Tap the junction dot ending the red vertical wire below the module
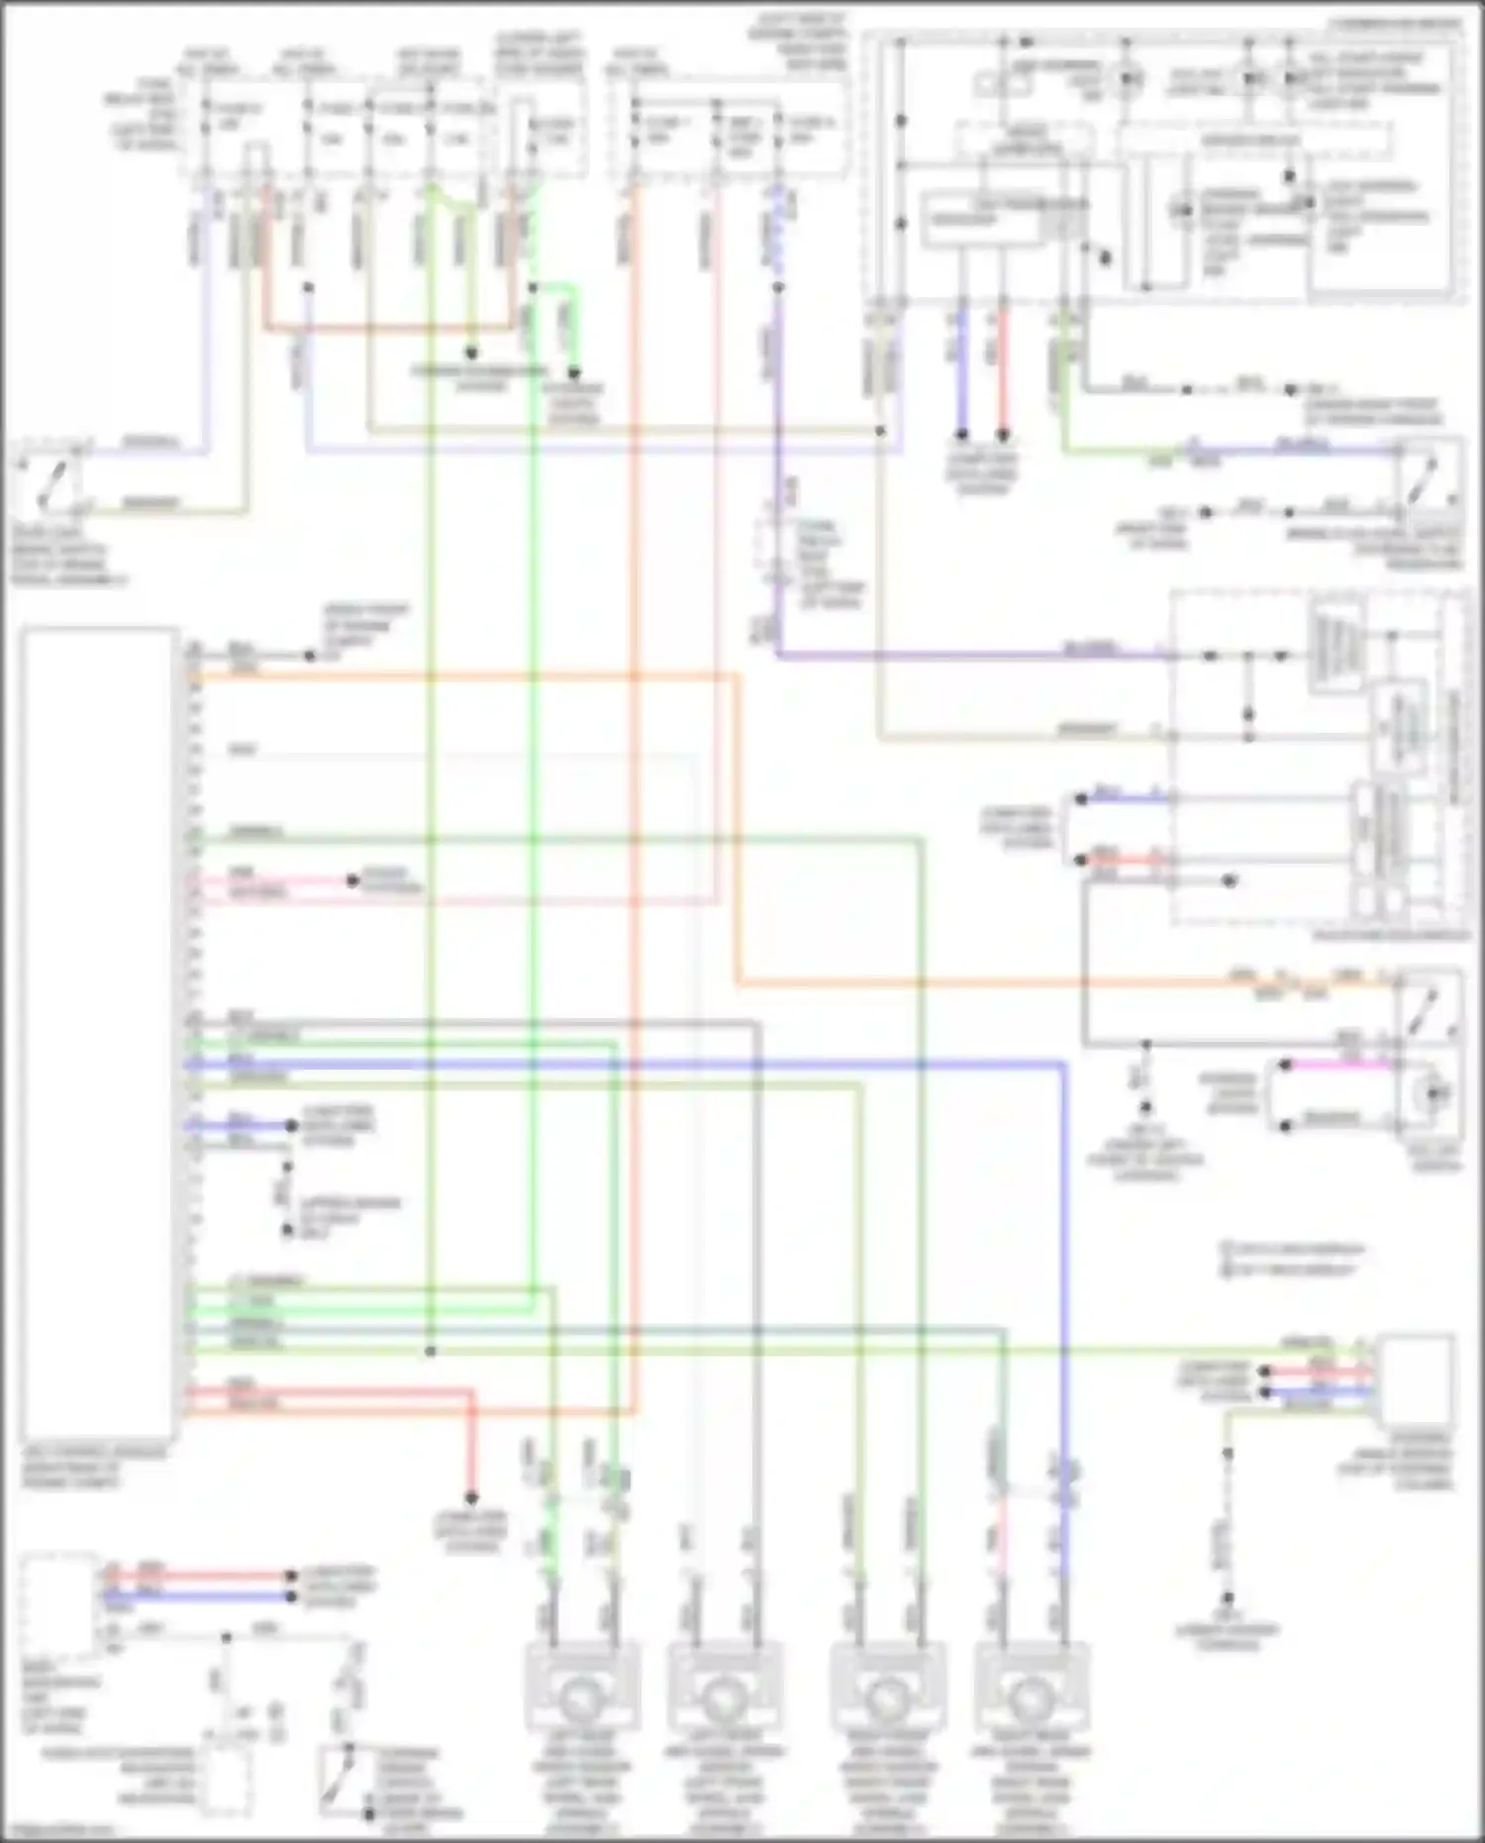[x=472, y=1498]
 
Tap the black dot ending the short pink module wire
[x=352, y=880]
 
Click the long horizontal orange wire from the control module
[x=465, y=677]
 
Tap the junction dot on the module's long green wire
[x=431, y=1351]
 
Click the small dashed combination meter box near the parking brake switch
[x=226, y=1783]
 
